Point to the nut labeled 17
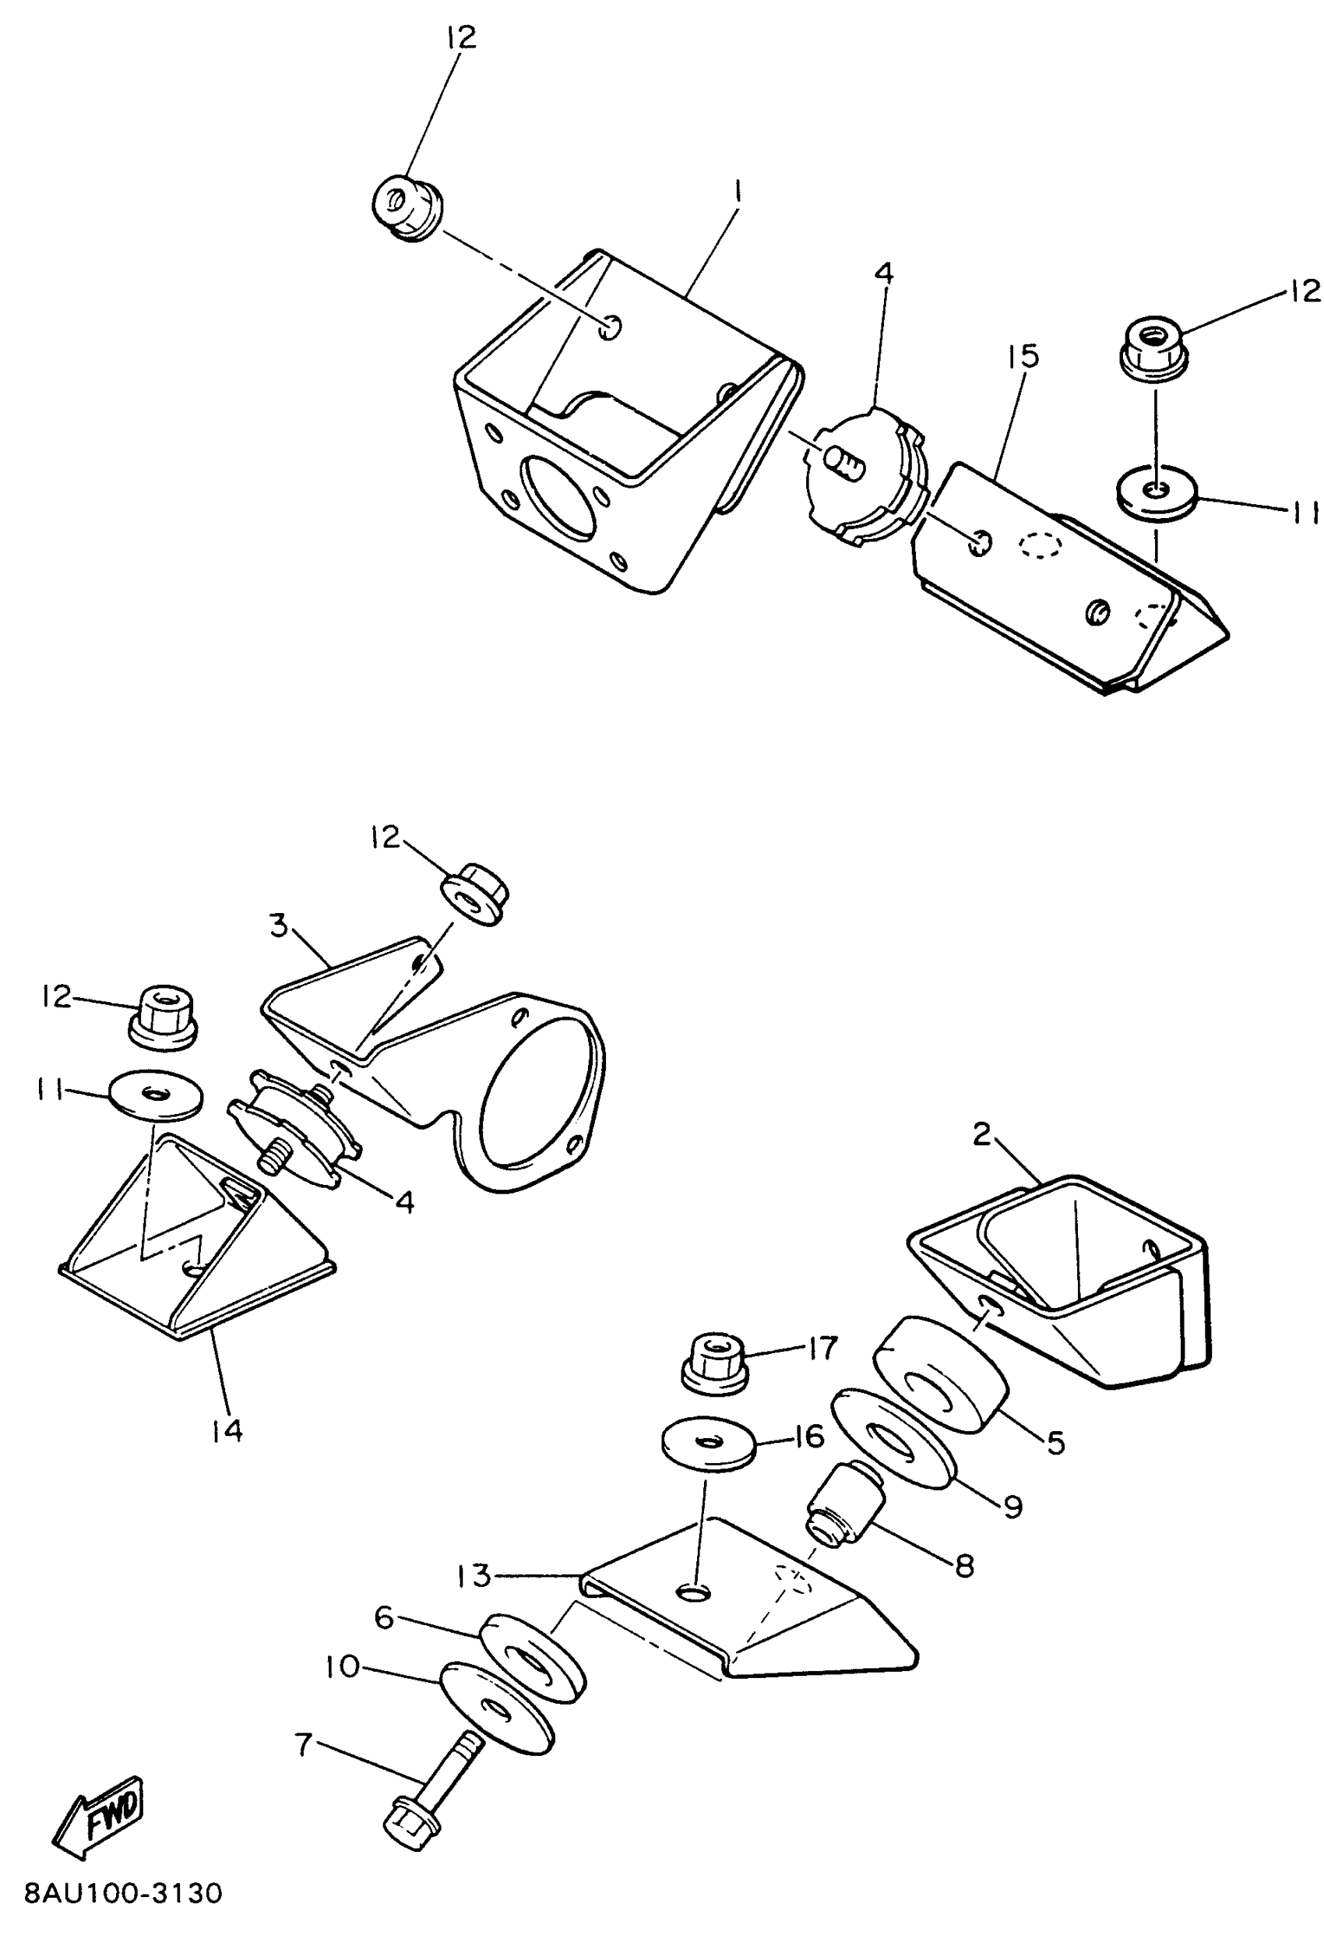point(713,1363)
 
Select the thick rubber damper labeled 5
point(940,1374)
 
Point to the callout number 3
point(278,925)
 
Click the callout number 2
point(983,1134)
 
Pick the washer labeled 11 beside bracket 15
point(1156,494)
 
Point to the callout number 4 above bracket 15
point(883,273)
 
